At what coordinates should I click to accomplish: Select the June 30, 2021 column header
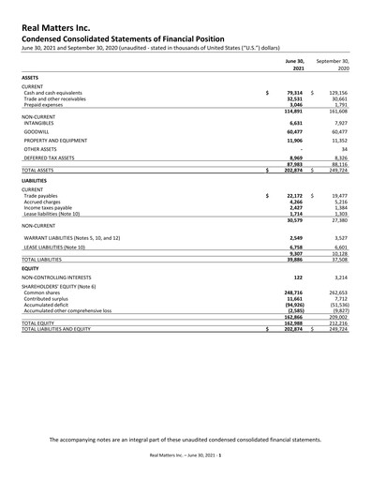pos(295,64)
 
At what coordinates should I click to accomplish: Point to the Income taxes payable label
pos(51,208)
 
